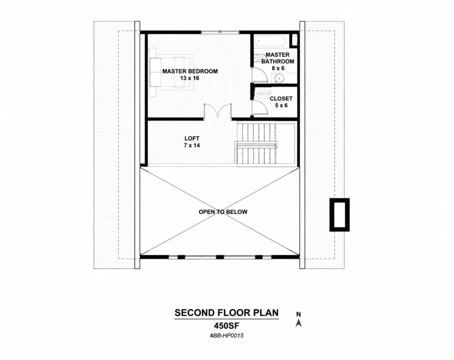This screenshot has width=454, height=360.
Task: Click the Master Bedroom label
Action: pyautogui.click(x=190, y=71)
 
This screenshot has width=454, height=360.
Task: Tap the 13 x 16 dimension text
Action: pyautogui.click(x=190, y=78)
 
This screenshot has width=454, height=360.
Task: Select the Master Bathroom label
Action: pyautogui.click(x=278, y=58)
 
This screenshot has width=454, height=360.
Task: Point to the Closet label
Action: pyautogui.click(x=281, y=98)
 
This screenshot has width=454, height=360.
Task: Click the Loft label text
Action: pyautogui.click(x=192, y=138)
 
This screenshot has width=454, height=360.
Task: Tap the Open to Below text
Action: pyautogui.click(x=223, y=212)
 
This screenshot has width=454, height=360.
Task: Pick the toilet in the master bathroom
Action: pyautogui.click(x=260, y=58)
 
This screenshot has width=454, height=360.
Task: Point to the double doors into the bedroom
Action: pyautogui.click(x=218, y=110)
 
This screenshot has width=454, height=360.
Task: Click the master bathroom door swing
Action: pyautogui.click(x=259, y=75)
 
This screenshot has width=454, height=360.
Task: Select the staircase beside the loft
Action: pyautogui.click(x=256, y=144)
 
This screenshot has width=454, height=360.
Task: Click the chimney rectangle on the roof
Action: pyautogui.click(x=339, y=215)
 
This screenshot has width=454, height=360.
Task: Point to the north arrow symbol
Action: pyautogui.click(x=298, y=323)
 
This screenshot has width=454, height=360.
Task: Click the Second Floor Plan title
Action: pyautogui.click(x=227, y=313)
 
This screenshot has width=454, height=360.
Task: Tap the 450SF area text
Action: pyautogui.click(x=227, y=326)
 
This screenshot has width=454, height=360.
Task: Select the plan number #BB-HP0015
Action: pyautogui.click(x=227, y=336)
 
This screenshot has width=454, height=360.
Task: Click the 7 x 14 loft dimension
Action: pyautogui.click(x=192, y=145)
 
